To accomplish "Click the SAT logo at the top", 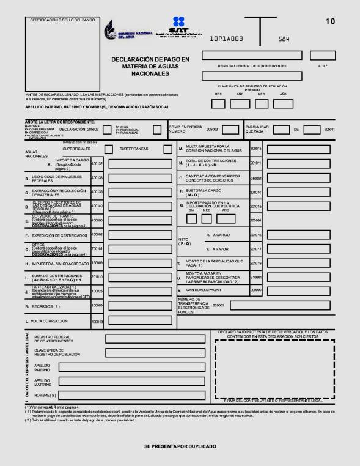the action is (178, 27).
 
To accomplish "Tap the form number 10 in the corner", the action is (330, 22).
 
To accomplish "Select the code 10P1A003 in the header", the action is (227, 38).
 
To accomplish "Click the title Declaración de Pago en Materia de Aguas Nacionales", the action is (150, 66).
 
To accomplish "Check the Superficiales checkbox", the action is (108, 149).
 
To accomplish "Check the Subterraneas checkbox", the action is (167, 149).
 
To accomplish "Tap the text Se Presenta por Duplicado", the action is (180, 446).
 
